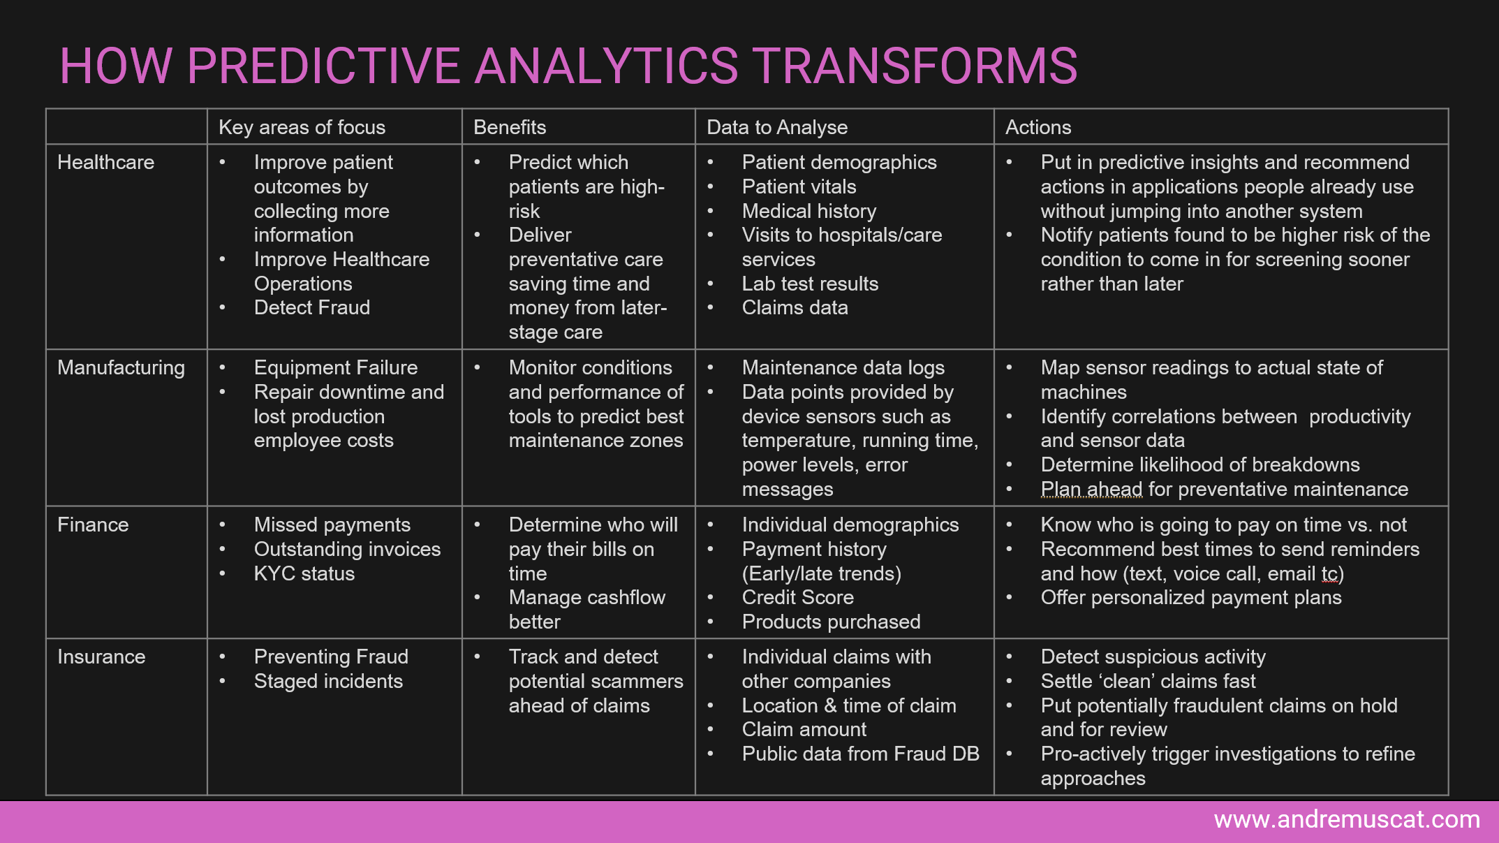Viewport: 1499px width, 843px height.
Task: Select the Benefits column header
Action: coord(510,127)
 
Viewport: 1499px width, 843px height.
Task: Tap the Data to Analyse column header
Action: coord(777,127)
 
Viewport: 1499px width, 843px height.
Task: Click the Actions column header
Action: coord(1038,127)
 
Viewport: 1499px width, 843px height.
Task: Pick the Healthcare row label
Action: coord(105,162)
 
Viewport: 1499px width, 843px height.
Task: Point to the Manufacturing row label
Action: coord(121,368)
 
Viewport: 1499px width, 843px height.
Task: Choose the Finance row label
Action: coord(93,525)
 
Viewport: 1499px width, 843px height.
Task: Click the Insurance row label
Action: coord(101,657)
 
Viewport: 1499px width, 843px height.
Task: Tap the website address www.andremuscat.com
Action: coord(1347,819)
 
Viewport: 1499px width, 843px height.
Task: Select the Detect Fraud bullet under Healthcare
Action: coord(312,307)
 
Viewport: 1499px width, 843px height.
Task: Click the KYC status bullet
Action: coord(304,573)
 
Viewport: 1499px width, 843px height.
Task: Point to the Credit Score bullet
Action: coord(798,597)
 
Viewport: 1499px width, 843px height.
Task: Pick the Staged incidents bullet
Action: coord(328,681)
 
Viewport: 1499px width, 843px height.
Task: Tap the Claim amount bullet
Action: coord(804,729)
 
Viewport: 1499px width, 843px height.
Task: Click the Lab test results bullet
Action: coord(810,284)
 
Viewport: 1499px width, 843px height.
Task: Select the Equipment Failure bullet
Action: coord(336,368)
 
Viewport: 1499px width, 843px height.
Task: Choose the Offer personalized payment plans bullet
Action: coord(1191,598)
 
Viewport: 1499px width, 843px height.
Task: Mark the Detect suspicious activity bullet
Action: coord(1153,657)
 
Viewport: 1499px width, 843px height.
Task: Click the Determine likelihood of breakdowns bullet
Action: coord(1200,464)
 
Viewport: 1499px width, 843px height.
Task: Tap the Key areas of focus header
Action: coord(302,127)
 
